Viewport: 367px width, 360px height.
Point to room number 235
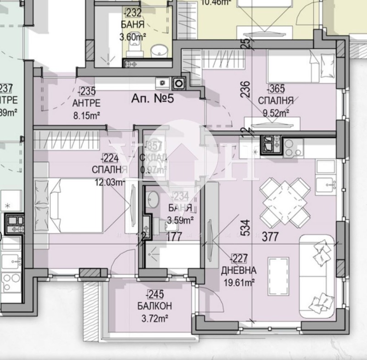pyautogui.click(x=89, y=90)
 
